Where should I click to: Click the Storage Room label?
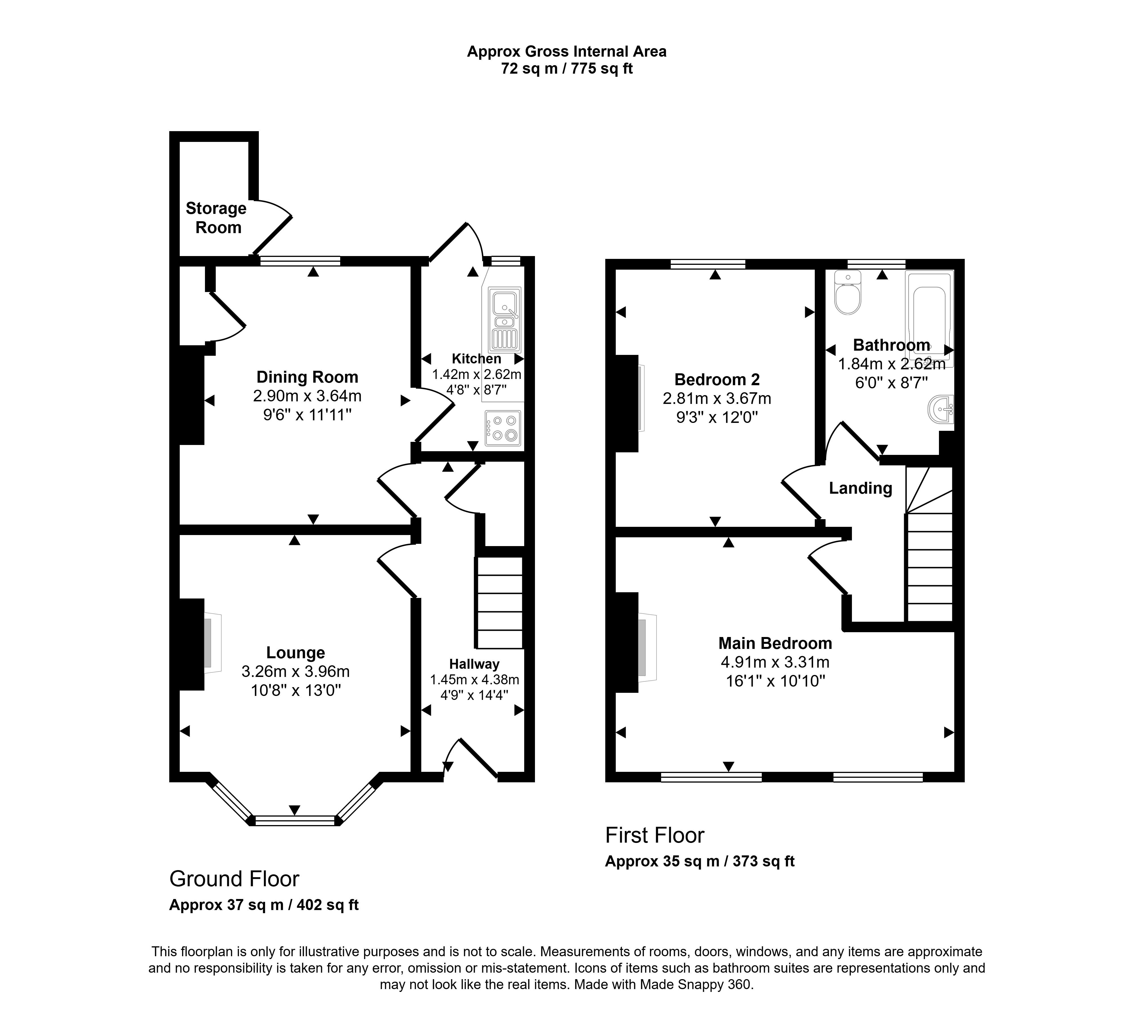click(216, 218)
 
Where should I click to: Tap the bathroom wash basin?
click(941, 410)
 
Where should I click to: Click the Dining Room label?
click(307, 377)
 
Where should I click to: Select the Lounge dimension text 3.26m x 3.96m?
click(295, 671)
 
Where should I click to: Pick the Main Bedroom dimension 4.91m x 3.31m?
click(775, 662)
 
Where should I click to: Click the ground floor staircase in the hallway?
click(500, 603)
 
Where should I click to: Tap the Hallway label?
click(475, 664)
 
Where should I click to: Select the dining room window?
click(300, 261)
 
